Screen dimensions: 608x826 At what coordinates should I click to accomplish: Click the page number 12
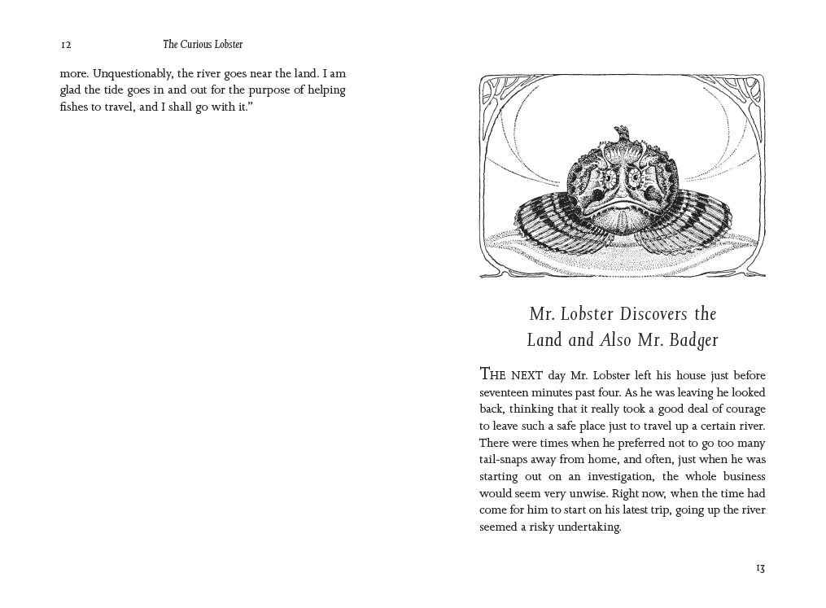click(x=65, y=46)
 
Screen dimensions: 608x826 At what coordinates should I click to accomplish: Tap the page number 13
click(x=760, y=568)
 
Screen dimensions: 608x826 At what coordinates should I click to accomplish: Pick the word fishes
click(x=76, y=107)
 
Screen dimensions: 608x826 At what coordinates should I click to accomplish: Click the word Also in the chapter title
click(x=616, y=340)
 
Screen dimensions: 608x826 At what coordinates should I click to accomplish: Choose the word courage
click(x=742, y=409)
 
